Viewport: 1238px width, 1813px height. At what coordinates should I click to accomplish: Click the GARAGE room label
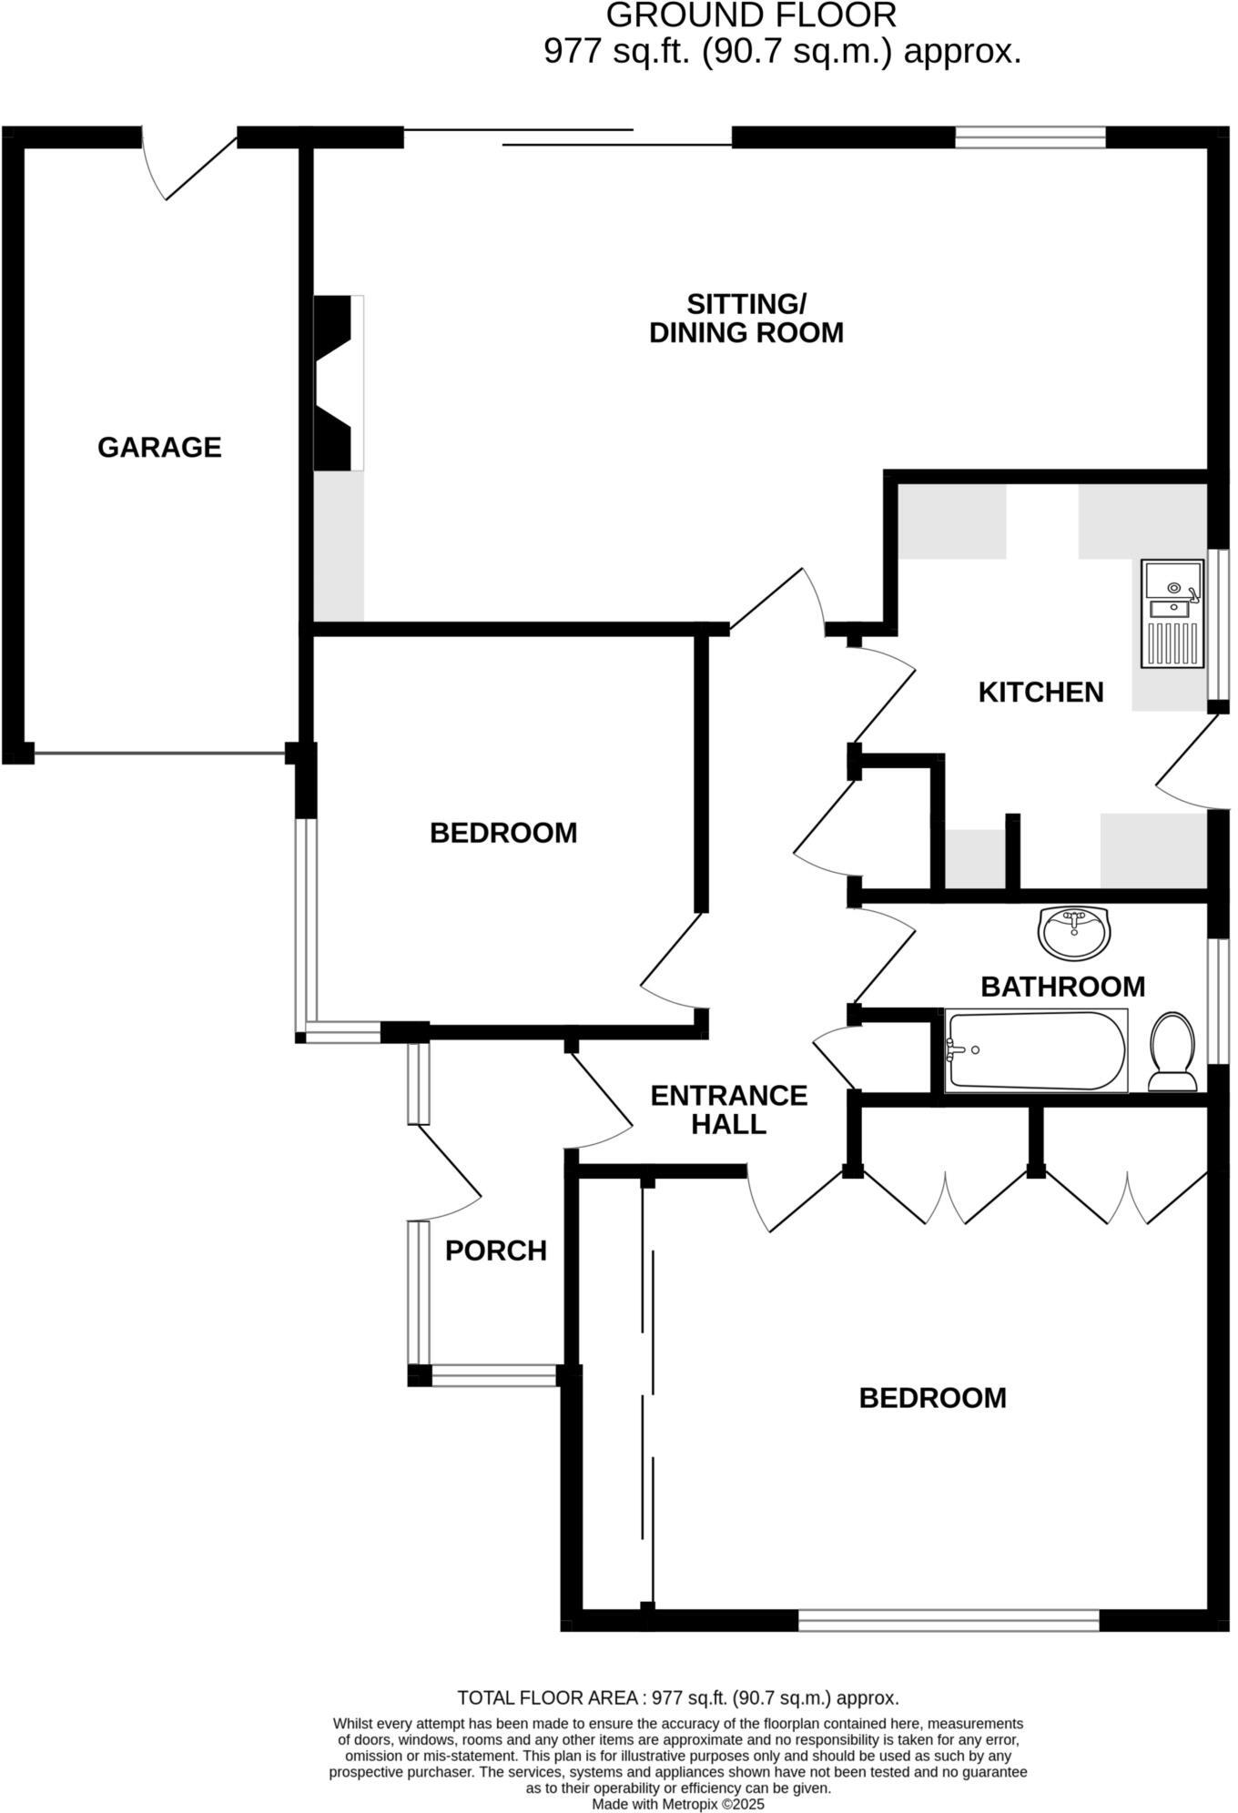(159, 447)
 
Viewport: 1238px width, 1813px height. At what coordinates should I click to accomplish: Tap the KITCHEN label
(1040, 692)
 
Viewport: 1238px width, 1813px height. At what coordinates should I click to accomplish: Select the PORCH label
(495, 1251)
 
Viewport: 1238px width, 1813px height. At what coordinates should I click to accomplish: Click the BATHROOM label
(1062, 987)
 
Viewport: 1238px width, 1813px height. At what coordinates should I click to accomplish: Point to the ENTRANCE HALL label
(728, 1109)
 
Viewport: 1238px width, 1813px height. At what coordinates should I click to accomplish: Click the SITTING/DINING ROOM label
(746, 318)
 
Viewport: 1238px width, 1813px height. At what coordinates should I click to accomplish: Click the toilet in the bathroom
(1172, 1052)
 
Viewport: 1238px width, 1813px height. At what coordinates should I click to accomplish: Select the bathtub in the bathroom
(1036, 1050)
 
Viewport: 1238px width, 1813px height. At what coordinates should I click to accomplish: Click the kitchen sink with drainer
(1172, 613)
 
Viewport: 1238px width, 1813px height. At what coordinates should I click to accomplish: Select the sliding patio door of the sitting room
(567, 137)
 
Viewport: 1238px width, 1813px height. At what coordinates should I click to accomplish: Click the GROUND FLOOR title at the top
(751, 15)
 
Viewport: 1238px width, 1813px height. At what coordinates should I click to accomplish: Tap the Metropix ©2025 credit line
(678, 1803)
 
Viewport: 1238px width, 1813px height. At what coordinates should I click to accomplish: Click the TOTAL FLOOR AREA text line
(678, 1697)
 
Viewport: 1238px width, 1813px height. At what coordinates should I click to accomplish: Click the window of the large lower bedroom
(949, 1619)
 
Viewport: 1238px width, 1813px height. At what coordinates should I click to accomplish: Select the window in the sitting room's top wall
(1030, 137)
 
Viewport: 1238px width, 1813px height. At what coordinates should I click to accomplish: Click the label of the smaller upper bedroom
(503, 833)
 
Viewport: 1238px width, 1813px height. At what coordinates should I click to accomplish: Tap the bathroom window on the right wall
(1218, 1000)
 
